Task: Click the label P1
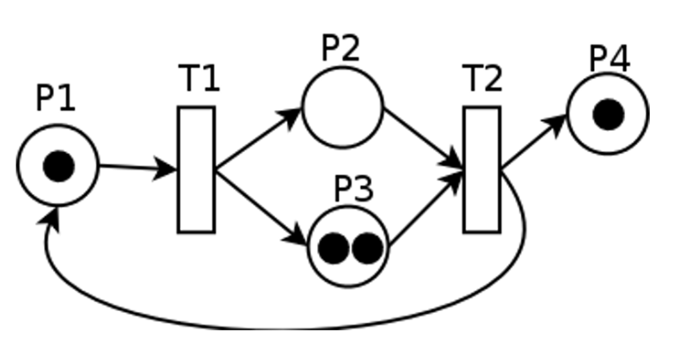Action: pyautogui.click(x=56, y=99)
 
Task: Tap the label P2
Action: pyautogui.click(x=340, y=47)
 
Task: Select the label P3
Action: pyautogui.click(x=353, y=189)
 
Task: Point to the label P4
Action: pyautogui.click(x=610, y=58)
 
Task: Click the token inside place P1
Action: pyautogui.click(x=58, y=166)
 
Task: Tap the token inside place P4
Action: pyautogui.click(x=608, y=114)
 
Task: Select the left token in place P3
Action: pyautogui.click(x=334, y=248)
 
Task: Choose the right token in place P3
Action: pyautogui.click(x=366, y=248)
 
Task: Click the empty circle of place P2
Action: pyautogui.click(x=342, y=108)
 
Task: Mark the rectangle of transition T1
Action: pyautogui.click(x=196, y=169)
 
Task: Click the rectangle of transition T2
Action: pyautogui.click(x=481, y=169)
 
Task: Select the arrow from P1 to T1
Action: pyautogui.click(x=138, y=168)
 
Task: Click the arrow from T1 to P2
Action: pyautogui.click(x=258, y=139)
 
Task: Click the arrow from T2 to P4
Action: pyautogui.click(x=534, y=141)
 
